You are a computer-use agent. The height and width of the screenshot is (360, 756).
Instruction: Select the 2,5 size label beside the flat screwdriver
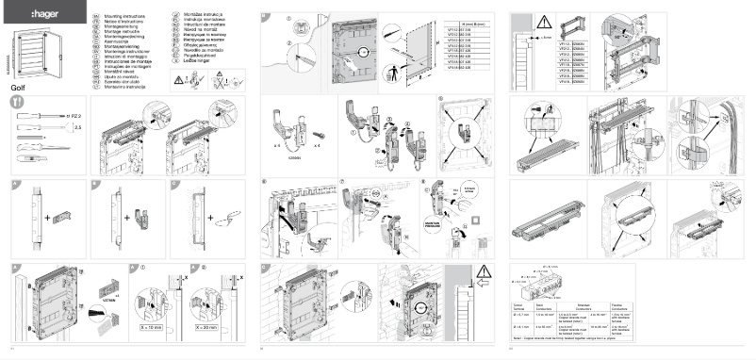77,125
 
